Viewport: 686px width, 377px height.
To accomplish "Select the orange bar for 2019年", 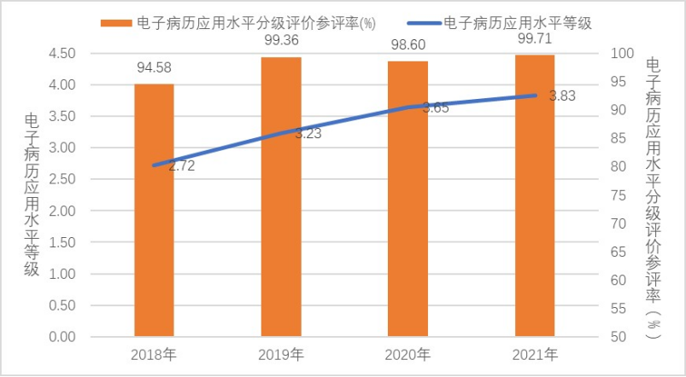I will pos(281,197).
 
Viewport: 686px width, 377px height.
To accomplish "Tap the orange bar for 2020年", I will pos(407,200).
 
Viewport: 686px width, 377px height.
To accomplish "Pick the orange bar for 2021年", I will pos(535,196).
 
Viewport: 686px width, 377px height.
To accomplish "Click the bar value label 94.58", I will pos(155,67).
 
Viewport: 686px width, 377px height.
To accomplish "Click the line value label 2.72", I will pos(181,166).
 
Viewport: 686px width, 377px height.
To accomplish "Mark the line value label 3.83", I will pos(561,96).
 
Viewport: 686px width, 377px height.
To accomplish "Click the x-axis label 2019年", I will pos(281,355).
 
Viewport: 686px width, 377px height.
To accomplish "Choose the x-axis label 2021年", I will pos(535,355).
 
